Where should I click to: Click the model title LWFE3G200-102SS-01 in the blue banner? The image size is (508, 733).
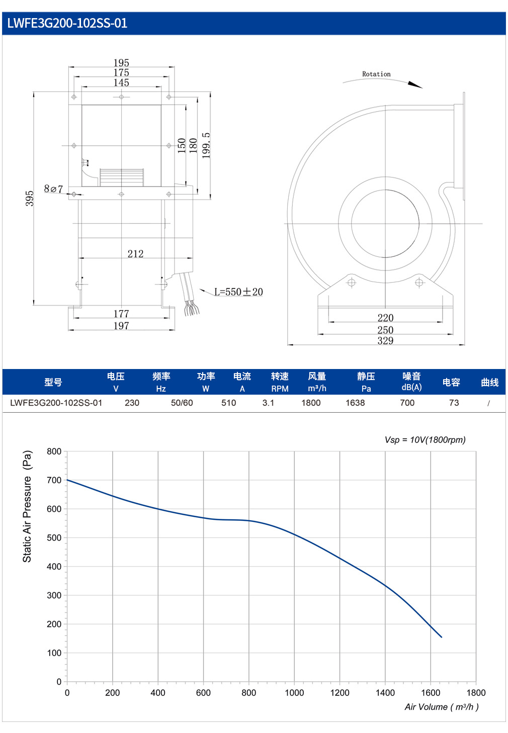click(x=67, y=23)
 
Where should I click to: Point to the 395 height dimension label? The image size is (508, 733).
click(x=30, y=198)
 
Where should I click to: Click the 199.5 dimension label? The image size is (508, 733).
click(x=206, y=146)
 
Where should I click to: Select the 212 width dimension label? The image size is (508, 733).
click(x=135, y=253)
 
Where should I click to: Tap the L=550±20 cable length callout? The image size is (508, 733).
click(x=238, y=292)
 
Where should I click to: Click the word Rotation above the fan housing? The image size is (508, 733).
click(x=376, y=74)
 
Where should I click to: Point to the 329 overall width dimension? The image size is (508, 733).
click(x=385, y=341)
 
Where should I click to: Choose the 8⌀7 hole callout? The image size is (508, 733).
click(x=53, y=189)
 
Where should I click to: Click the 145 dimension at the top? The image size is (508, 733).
click(x=121, y=82)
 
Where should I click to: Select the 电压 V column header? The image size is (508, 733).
click(x=116, y=382)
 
